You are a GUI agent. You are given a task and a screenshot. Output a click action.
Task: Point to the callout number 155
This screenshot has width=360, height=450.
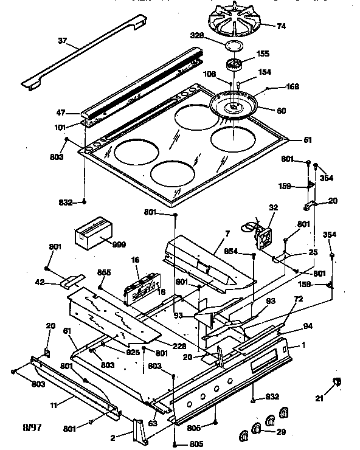coord(263,54)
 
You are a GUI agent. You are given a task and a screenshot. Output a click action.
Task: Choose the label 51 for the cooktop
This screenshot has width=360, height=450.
coord(308,140)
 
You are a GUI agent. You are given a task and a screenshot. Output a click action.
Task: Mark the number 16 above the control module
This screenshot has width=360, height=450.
coord(136,260)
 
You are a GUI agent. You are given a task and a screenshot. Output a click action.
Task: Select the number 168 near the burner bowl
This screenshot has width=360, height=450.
coord(293,86)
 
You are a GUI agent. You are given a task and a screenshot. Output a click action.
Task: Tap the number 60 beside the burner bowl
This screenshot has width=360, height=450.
coord(282,111)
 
